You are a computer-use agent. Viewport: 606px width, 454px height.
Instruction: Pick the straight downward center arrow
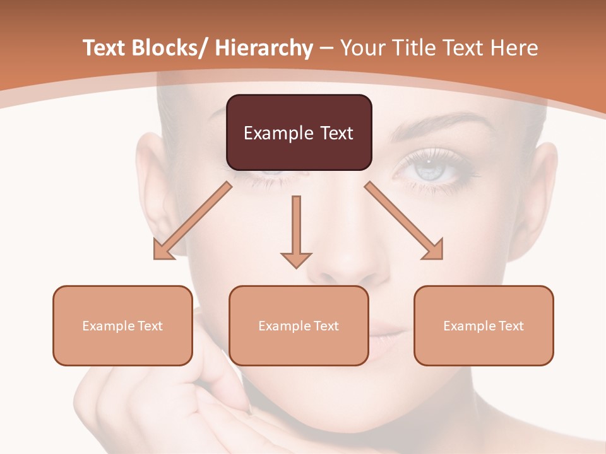296,230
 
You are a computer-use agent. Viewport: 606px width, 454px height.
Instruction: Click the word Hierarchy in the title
264,49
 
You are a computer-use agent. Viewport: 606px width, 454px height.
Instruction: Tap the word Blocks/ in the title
170,49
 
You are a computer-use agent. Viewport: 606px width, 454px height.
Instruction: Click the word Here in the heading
515,49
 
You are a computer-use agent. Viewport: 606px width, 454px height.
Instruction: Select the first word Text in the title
105,49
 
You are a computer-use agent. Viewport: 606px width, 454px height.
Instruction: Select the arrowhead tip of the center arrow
296,267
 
